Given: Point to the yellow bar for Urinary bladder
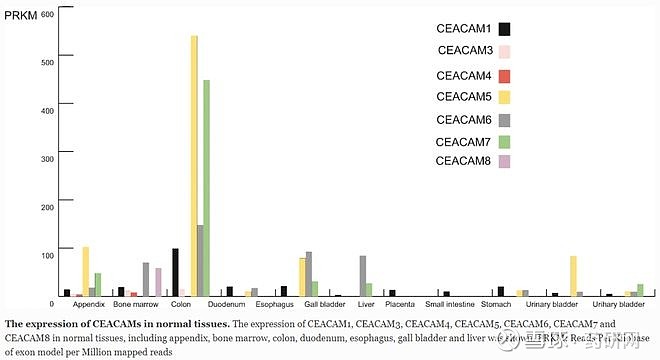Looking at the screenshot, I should (x=573, y=276).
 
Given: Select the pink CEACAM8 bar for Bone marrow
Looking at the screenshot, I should (x=158, y=282).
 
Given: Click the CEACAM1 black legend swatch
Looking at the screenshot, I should (x=505, y=30).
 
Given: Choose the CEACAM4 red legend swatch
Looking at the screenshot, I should (x=505, y=77).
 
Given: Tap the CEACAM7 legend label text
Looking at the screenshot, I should (x=464, y=142).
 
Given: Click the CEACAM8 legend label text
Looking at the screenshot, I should (x=464, y=161).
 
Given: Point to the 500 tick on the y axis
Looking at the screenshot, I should (x=46, y=62).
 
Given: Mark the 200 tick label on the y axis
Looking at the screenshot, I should (x=46, y=207).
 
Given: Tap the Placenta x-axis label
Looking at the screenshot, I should (x=399, y=304).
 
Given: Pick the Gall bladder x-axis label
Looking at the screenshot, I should (x=318, y=304).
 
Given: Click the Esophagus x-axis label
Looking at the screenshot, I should (x=274, y=304).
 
